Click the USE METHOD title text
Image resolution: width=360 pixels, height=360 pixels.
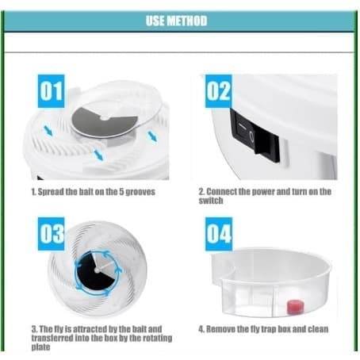(176, 21)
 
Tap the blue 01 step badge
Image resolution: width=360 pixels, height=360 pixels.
(51, 91)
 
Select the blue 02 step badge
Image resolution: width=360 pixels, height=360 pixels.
(219, 91)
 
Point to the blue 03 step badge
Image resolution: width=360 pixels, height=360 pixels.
(51, 234)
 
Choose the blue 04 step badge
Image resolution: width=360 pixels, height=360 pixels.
(219, 234)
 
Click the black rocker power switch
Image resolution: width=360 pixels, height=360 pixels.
(255, 136)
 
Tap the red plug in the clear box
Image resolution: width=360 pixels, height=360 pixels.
(295, 306)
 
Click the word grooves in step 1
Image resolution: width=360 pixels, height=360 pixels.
(140, 192)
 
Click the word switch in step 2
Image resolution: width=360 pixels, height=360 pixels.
(211, 201)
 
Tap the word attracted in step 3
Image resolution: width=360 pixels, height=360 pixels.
(90, 329)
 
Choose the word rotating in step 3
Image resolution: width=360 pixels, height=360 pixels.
(157, 338)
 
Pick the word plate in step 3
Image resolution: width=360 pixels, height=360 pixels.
(40, 347)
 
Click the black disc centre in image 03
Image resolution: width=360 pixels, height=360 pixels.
(97, 270)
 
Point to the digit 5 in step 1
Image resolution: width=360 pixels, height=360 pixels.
(121, 192)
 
